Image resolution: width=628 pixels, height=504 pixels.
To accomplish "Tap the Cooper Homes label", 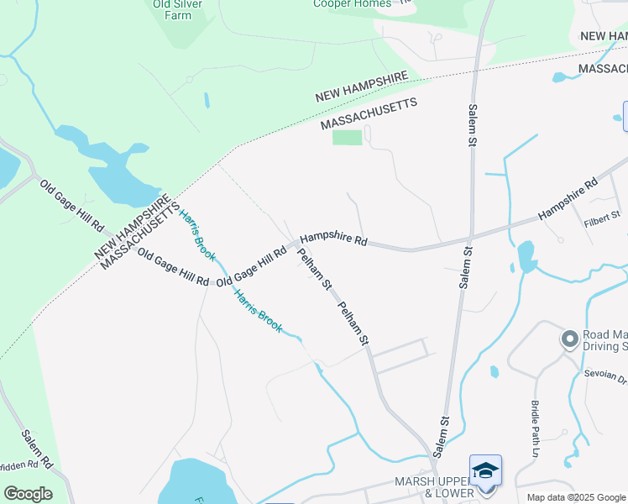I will [352, 4].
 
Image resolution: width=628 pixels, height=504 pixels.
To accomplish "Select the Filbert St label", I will [601, 216].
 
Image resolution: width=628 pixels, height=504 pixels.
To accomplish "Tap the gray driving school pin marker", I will [570, 339].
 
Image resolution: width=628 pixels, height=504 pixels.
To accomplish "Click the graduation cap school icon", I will [485, 470].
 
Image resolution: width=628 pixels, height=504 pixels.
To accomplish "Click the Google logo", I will [28, 494].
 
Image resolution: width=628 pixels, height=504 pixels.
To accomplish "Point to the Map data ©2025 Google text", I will [576, 497].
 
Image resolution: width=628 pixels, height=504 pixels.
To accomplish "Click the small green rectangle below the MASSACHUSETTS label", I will [347, 137].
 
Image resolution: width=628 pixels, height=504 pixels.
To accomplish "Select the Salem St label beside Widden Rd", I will [37, 449].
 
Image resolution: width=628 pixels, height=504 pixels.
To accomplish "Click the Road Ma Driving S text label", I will [604, 339].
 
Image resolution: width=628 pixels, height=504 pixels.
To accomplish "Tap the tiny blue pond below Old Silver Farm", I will [207, 100].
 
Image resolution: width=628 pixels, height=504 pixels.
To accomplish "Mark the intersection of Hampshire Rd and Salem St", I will [472, 236].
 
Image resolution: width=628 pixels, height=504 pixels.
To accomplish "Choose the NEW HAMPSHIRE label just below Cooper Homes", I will [362, 87].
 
